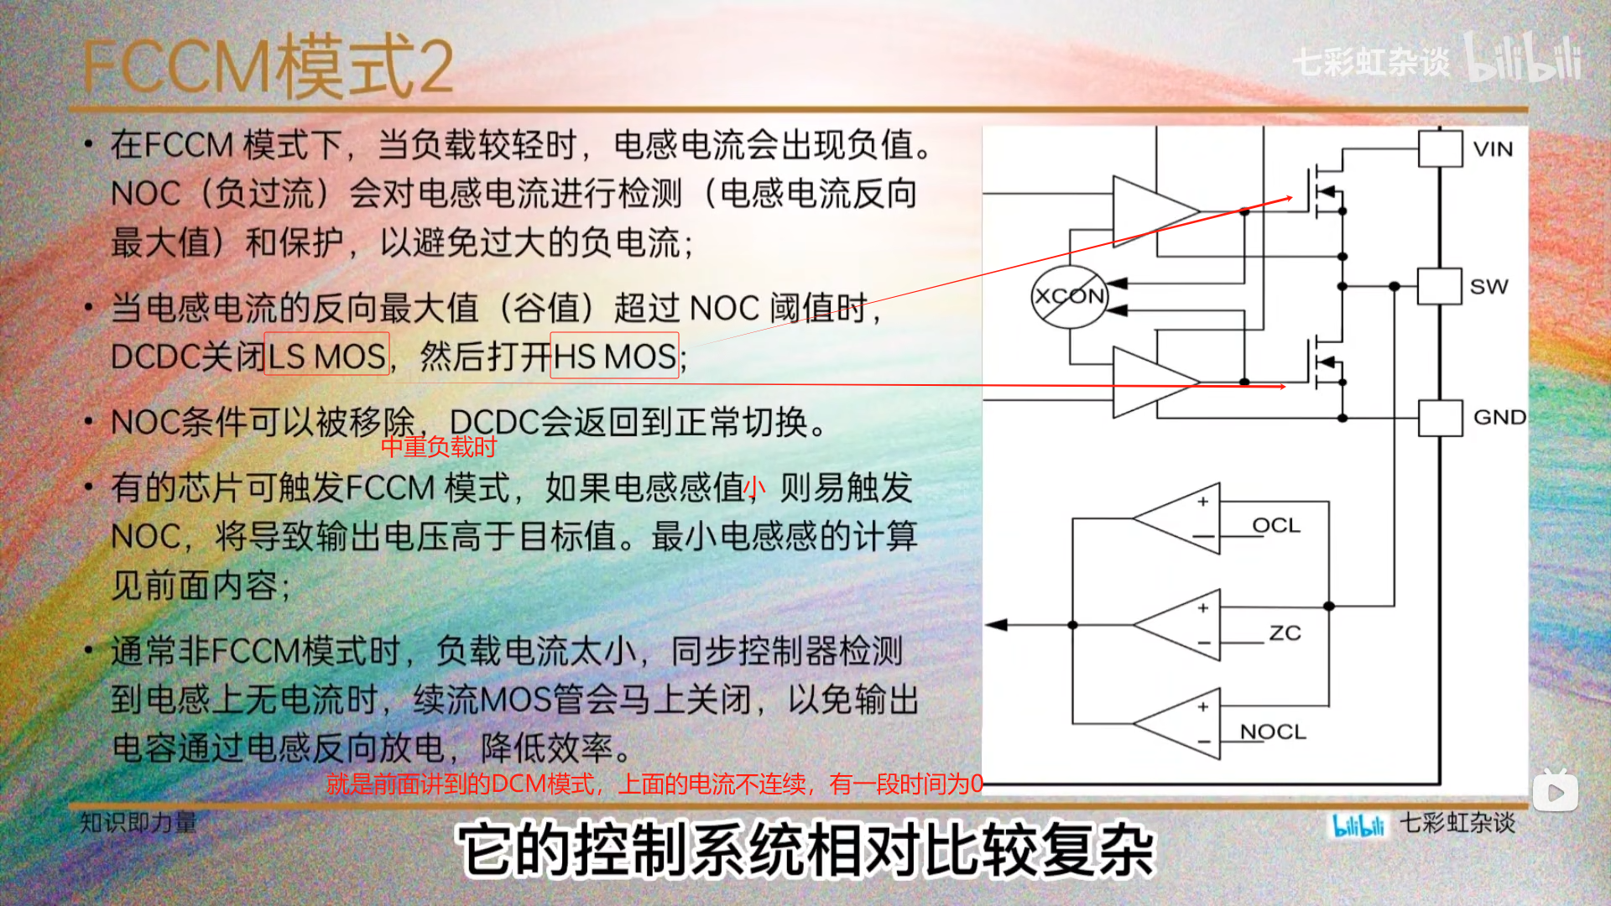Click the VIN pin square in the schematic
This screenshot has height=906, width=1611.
click(1440, 149)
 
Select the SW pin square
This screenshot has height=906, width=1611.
click(1439, 286)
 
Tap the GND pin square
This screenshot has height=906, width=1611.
click(1440, 418)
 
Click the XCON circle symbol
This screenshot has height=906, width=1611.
click(1069, 296)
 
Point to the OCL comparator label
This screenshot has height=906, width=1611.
click(1275, 526)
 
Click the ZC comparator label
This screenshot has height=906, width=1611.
click(1285, 633)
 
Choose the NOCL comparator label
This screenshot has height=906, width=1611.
click(1273, 732)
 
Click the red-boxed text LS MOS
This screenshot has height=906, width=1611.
click(326, 356)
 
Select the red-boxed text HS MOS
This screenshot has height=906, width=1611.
click(614, 356)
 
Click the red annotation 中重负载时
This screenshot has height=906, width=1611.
click(439, 447)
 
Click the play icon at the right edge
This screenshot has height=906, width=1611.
click(1555, 792)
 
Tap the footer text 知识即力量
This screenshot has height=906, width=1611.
click(138, 822)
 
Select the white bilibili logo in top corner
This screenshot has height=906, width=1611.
click(1523, 59)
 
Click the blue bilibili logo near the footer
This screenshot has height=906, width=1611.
click(1358, 825)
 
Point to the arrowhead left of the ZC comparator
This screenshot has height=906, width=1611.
click(997, 625)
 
